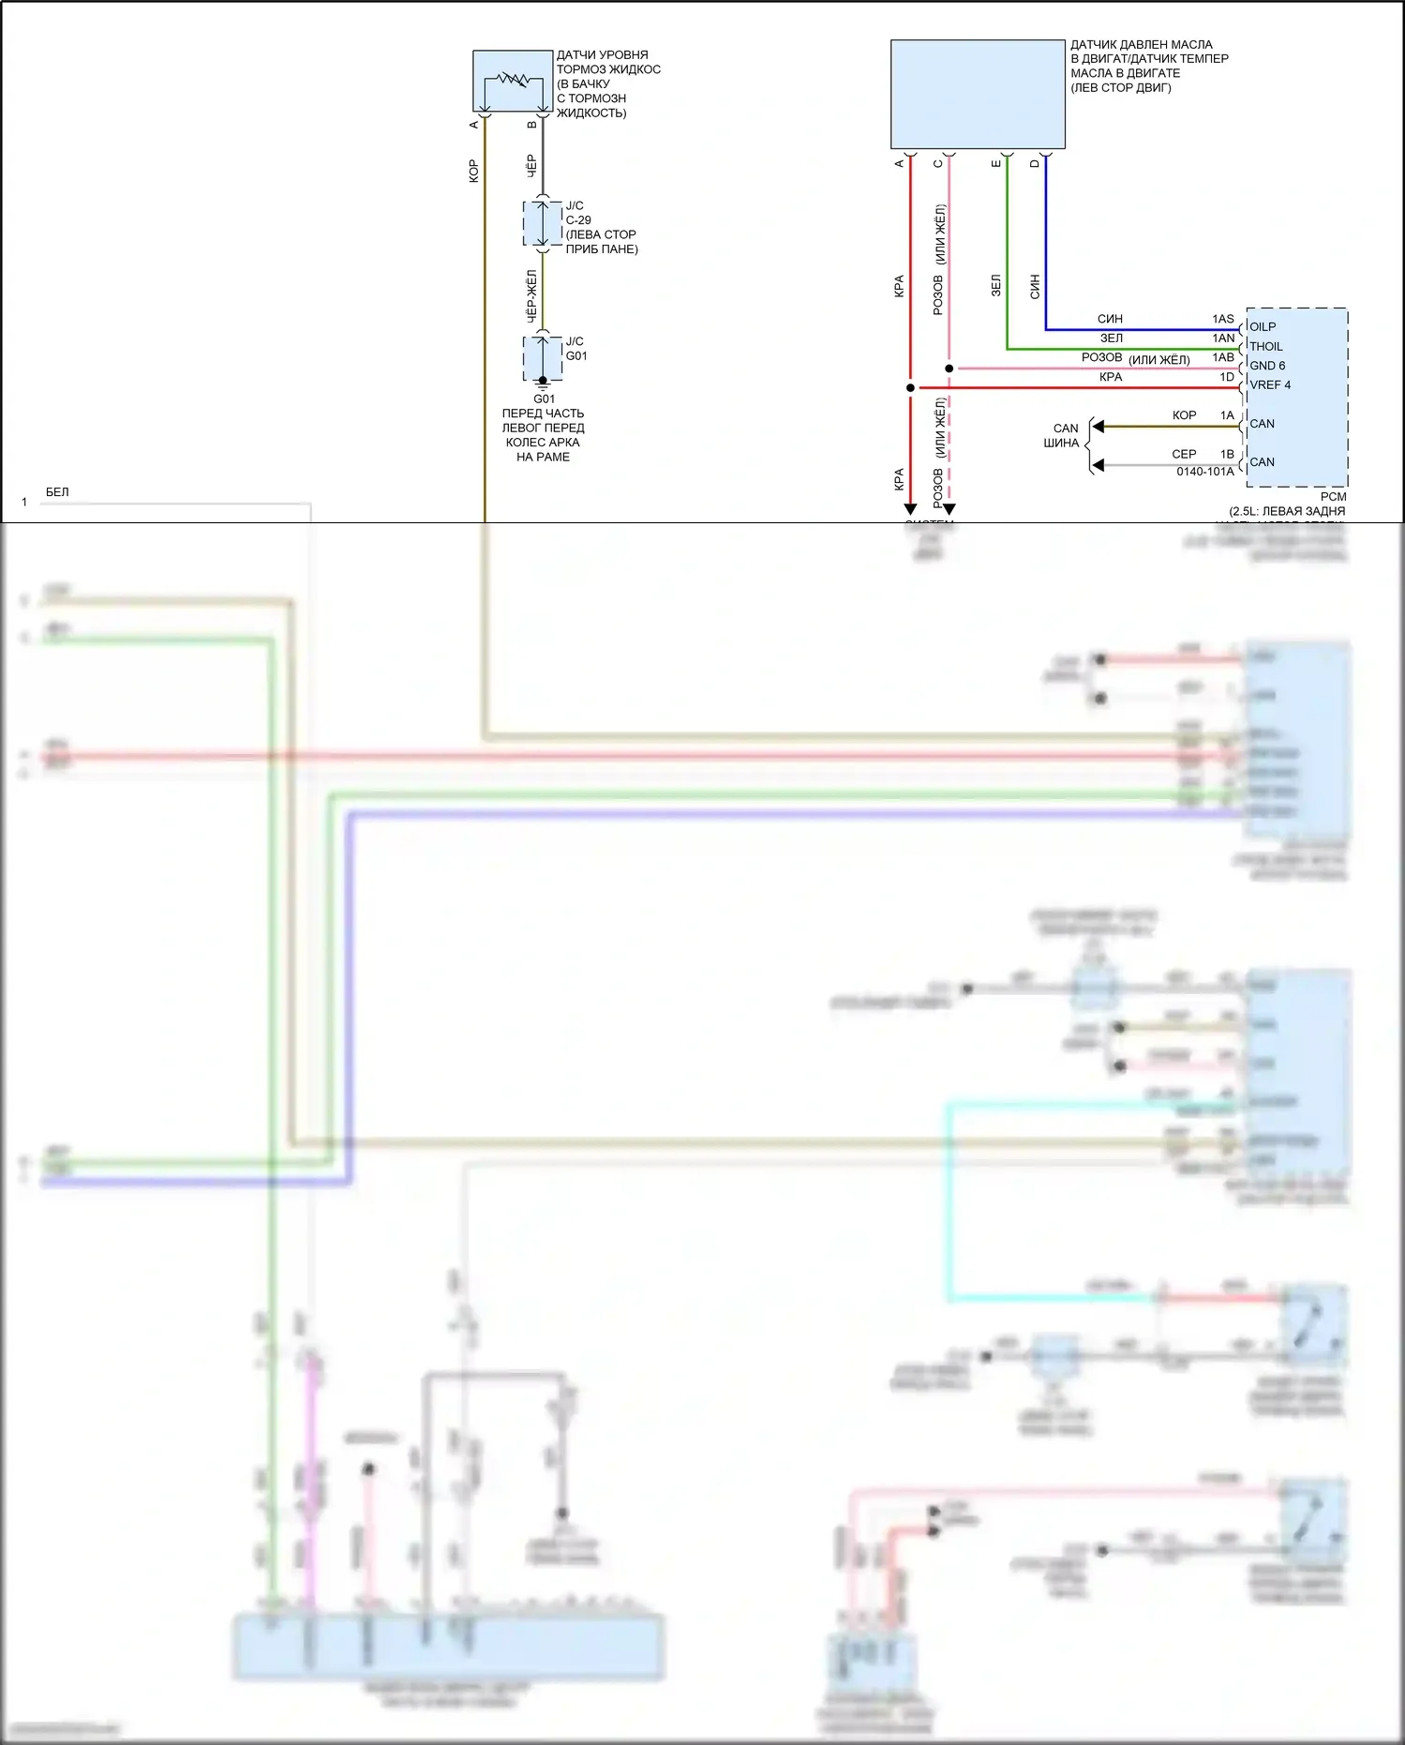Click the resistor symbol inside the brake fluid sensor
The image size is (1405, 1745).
[513, 79]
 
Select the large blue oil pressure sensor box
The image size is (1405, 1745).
[978, 94]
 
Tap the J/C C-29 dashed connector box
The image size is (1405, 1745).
[543, 223]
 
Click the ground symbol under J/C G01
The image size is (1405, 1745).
[543, 384]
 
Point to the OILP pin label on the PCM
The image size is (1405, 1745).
[1263, 326]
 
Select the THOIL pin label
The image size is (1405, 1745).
[1265, 346]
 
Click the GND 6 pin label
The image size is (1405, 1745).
[1267, 366]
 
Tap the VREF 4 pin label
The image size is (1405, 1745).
[1270, 384]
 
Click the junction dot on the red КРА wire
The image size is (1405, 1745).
[910, 387]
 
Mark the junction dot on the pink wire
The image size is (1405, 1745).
[949, 369]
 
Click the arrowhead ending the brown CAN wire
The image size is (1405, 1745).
[1098, 427]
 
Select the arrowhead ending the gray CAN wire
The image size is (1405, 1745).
[1098, 465]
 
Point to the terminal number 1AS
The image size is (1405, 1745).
[1222, 319]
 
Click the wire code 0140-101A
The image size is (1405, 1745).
[1204, 472]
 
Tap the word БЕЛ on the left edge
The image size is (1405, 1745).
[57, 492]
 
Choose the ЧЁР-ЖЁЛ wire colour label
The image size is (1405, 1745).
[531, 296]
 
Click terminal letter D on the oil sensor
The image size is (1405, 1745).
[1035, 163]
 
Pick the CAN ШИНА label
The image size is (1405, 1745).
[1063, 435]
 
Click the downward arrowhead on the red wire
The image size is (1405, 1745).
[910, 509]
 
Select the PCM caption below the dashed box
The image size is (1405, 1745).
[1333, 497]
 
